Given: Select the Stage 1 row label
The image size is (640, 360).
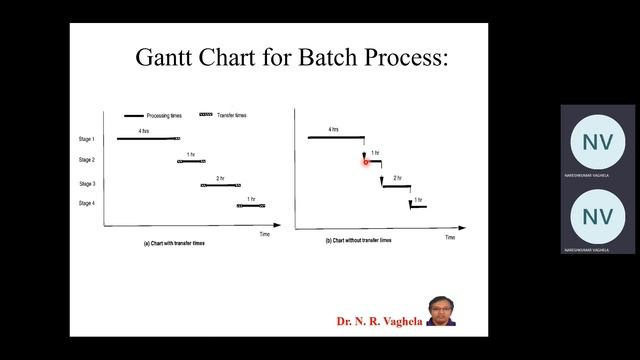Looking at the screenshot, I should pyautogui.click(x=87, y=138).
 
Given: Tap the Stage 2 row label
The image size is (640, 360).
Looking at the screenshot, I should pyautogui.click(x=87, y=160).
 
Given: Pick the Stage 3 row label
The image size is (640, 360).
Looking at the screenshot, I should pyautogui.click(x=87, y=184).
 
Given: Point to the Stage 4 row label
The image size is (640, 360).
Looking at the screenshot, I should pyautogui.click(x=87, y=204).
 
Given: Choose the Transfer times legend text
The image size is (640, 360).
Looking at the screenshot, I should pyautogui.click(x=232, y=115).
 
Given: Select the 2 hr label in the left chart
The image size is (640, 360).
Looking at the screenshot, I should pyautogui.click(x=220, y=178).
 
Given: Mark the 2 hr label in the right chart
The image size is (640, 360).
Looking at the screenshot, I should pyautogui.click(x=397, y=178).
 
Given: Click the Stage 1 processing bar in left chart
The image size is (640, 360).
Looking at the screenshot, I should pyautogui.click(x=145, y=138).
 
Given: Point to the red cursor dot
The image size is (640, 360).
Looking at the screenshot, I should pyautogui.click(x=366, y=161).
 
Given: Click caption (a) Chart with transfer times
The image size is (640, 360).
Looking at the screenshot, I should pyautogui.click(x=175, y=243).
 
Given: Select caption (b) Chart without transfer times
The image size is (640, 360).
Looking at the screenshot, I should pyautogui.click(x=358, y=241).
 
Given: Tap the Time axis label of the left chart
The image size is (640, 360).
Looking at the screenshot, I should pyautogui.click(x=264, y=234).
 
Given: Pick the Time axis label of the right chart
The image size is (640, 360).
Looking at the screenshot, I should pyautogui.click(x=450, y=238).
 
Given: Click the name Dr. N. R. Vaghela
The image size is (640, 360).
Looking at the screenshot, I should pyautogui.click(x=379, y=322).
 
